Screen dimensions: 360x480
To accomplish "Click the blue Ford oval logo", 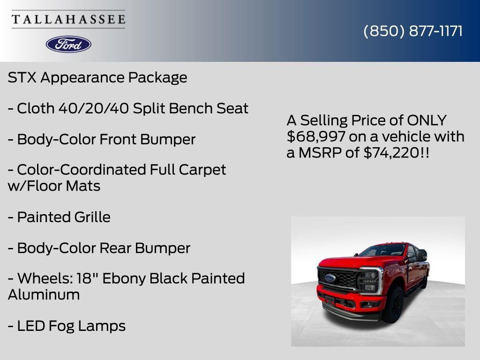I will coord(68,44).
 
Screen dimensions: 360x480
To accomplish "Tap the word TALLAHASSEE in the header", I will coord(68,19).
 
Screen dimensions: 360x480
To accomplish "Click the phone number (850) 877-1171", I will coord(413,31).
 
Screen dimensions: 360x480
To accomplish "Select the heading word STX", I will coord(22,77).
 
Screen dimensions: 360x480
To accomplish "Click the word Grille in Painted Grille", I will coord(92,217).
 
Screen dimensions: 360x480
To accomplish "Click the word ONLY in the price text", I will coord(427,120).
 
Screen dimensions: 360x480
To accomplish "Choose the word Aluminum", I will coord(44,295).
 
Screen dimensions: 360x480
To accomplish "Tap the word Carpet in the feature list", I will coord(203,170).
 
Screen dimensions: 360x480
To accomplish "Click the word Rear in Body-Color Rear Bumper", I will coord(116,248).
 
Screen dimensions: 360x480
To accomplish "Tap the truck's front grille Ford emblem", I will coord(330,277).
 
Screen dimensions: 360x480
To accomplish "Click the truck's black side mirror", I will coord(421,255).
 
